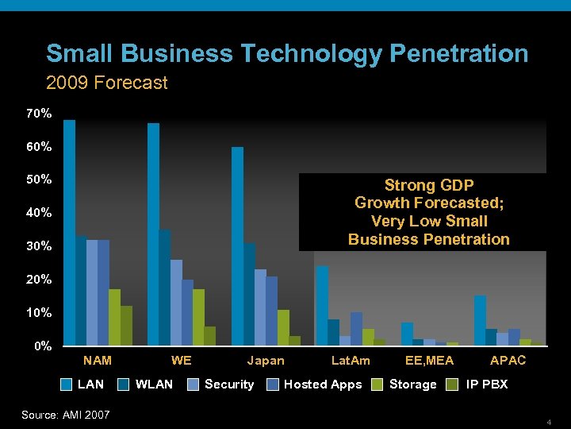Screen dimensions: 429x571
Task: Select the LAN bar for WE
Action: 153,234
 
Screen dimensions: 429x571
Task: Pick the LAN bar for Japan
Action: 237,245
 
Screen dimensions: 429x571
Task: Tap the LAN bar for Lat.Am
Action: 322,305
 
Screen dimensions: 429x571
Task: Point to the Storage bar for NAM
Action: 115,317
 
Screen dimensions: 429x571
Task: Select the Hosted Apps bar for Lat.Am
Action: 356,329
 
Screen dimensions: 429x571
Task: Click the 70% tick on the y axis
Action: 38,114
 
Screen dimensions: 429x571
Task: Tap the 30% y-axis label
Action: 38,246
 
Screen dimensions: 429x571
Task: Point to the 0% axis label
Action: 41,346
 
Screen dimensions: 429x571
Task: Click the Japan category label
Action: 266,361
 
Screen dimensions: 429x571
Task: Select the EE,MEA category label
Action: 429,361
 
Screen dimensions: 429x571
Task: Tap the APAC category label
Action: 508,361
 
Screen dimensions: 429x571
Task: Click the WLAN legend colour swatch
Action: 124,385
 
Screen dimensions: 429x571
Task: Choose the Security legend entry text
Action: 229,385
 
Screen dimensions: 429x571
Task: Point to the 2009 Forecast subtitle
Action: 106,83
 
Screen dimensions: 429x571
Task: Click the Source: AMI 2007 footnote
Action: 65,414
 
